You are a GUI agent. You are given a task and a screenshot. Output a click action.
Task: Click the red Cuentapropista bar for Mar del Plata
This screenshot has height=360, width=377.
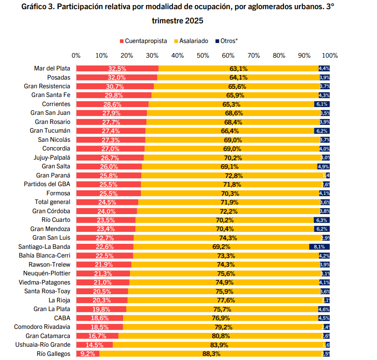[x=117, y=69]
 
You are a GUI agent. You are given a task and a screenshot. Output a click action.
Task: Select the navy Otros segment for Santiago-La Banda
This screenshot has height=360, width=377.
[x=319, y=247]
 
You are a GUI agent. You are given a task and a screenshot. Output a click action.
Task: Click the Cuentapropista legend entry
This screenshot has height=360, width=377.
[x=143, y=41]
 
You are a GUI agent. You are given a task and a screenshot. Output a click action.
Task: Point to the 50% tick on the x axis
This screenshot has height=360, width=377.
[x=203, y=55]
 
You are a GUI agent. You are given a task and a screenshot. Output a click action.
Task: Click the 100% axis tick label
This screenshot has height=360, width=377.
[x=329, y=55]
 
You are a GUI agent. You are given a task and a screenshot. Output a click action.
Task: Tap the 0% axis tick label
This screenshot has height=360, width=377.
[x=76, y=55]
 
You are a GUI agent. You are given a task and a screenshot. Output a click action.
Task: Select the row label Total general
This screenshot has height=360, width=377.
[x=53, y=202]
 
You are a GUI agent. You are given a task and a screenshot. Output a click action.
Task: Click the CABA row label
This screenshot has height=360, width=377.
[x=62, y=318]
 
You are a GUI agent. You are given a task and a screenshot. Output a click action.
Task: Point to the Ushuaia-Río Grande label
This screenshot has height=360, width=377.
[x=43, y=344]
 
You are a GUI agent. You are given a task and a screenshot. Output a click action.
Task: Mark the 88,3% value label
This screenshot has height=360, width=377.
[x=211, y=354]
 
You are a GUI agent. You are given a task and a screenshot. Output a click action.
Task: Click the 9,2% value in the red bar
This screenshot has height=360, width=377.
[x=87, y=354]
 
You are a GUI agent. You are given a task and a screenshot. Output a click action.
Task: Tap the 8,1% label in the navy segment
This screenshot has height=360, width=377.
[x=319, y=247]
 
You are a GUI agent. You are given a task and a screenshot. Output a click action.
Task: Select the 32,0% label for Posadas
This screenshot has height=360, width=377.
[x=117, y=77]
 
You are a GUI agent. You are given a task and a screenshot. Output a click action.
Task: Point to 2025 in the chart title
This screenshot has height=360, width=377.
[x=194, y=21]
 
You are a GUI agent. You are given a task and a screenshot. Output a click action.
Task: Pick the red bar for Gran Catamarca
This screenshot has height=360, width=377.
[x=97, y=336]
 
